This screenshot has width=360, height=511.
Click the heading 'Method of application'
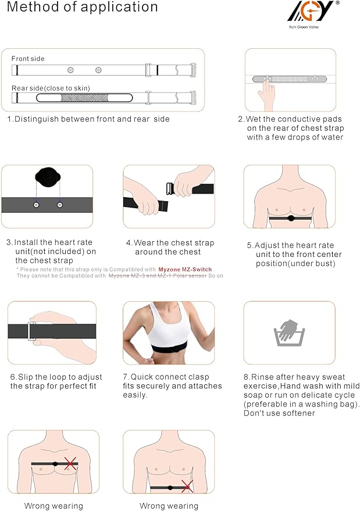pos(82,8)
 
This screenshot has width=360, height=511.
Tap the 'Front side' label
pos(28,59)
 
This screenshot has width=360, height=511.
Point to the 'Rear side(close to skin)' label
pos(51,88)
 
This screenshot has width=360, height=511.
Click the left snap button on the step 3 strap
pos(36,205)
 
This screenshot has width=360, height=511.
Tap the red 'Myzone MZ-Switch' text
pos(185,269)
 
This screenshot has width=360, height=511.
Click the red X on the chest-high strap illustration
pos(70,463)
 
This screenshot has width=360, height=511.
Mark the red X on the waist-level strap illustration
pos(187,487)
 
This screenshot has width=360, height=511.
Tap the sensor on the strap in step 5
pos(290,219)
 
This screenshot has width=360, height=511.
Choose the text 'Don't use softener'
pos(279,413)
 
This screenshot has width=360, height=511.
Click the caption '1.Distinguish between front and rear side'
pos(88,119)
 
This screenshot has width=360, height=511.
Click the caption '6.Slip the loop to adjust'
pos(54,377)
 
